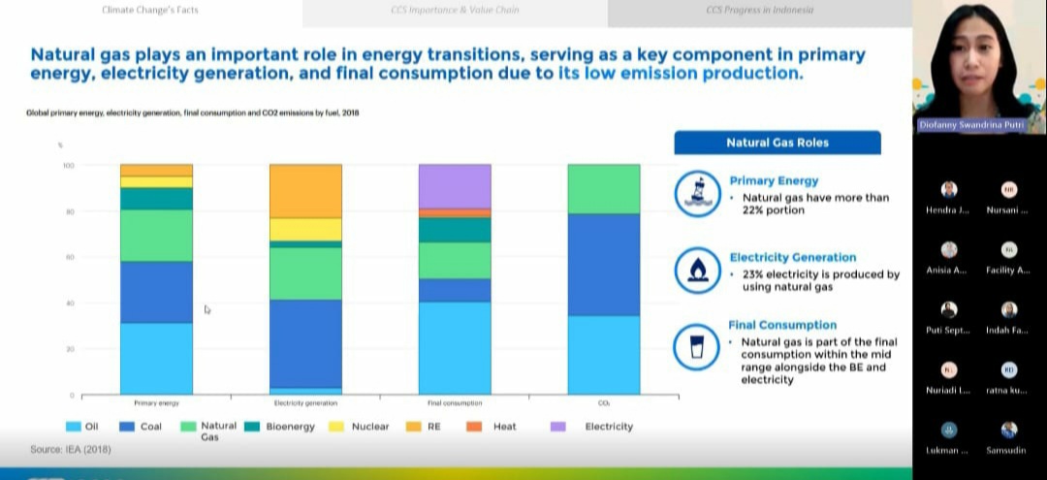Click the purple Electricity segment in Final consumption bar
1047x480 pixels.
click(455, 186)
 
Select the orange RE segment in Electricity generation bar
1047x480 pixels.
click(305, 191)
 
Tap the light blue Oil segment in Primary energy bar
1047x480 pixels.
click(156, 359)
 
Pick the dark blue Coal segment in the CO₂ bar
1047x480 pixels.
click(604, 265)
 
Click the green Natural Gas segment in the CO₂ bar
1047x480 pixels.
click(604, 188)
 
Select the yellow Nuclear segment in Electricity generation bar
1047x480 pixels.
click(305, 229)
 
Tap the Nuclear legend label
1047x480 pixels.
click(370, 427)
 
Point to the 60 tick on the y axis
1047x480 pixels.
click(69, 257)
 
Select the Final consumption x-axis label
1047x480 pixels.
click(455, 402)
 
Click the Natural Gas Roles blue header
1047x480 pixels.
click(777, 143)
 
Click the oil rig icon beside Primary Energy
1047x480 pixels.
click(696, 193)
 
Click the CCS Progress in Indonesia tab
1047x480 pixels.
click(760, 11)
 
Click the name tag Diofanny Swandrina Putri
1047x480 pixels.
click(979, 125)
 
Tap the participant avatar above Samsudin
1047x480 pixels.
click(1009, 430)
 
